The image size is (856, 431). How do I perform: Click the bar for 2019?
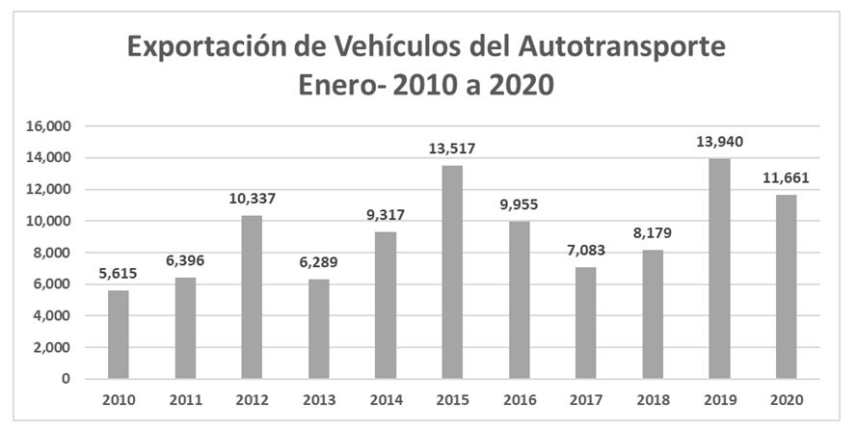[x=719, y=268]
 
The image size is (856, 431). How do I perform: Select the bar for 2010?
[x=118, y=334]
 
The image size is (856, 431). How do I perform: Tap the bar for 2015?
[x=452, y=272]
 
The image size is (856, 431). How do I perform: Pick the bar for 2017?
[x=586, y=322]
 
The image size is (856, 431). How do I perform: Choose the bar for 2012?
[x=252, y=297]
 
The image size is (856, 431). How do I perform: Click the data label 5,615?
[x=118, y=274]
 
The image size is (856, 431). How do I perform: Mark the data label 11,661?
[x=786, y=178]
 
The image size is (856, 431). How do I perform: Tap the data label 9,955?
[x=519, y=205]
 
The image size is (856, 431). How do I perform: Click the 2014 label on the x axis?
[x=386, y=399]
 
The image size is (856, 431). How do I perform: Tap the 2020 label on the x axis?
[x=786, y=399]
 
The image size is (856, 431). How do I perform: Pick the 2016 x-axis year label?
[x=519, y=399]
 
